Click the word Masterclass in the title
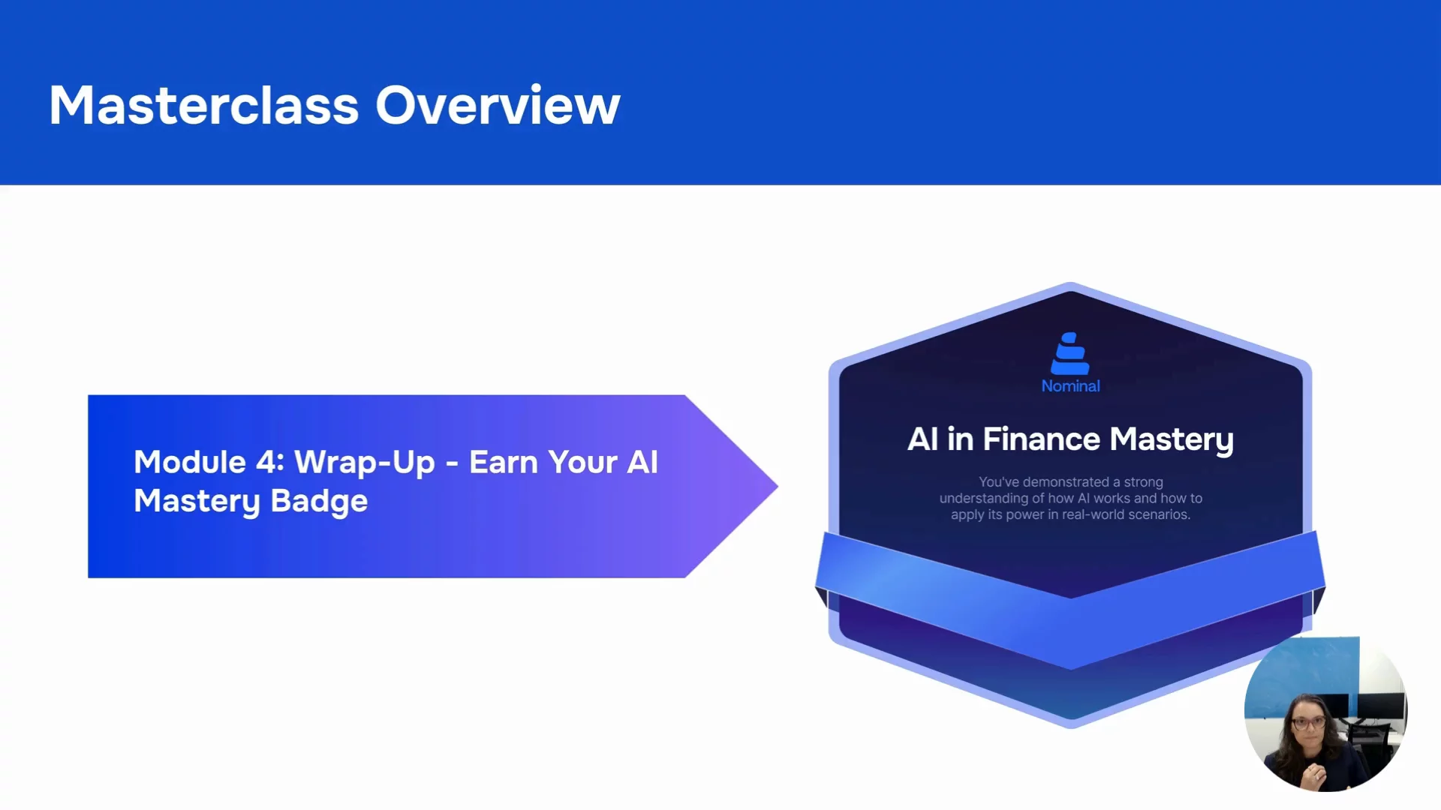[x=204, y=105]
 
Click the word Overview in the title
[x=498, y=105]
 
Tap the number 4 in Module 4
[x=269, y=462]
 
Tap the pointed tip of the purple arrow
[x=777, y=486]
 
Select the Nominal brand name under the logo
[x=1070, y=386]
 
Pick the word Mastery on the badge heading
[x=1172, y=441]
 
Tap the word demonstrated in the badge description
[x=1066, y=481]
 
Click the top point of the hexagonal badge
[x=1070, y=283]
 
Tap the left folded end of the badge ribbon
[x=821, y=597]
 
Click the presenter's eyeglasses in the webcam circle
[x=1309, y=723]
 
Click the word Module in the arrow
[x=190, y=462]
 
